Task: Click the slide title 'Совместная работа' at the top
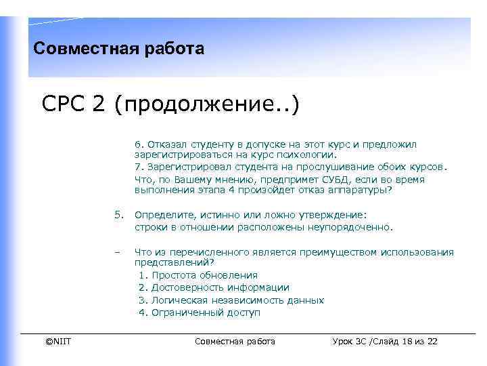[118, 49]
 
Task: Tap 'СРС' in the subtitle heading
[66, 105]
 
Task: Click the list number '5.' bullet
[118, 215]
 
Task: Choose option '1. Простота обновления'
[198, 275]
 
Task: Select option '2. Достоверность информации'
[213, 287]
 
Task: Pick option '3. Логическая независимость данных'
[231, 300]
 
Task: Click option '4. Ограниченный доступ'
[199, 312]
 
